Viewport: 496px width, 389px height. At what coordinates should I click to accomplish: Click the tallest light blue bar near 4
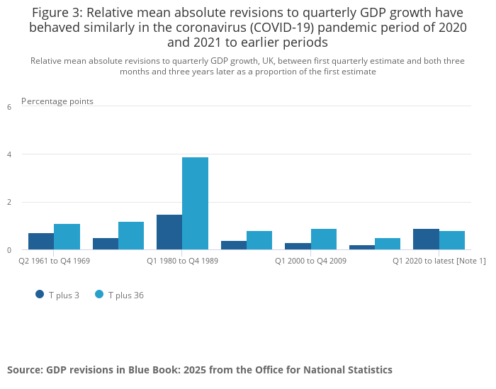195,203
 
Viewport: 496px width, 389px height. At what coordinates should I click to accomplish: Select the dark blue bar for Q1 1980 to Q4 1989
169,232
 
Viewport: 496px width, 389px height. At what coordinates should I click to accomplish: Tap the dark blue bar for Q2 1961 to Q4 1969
41,241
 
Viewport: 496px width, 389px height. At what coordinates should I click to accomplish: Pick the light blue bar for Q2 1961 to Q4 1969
67,237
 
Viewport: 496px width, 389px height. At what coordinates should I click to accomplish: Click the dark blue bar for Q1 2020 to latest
426,239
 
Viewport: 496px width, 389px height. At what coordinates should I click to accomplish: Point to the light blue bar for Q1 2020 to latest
452,240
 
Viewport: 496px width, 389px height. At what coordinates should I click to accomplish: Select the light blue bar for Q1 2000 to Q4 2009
324,239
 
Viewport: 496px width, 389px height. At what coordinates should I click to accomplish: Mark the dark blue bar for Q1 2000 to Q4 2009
298,246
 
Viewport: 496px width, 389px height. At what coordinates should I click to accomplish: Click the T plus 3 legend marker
40,294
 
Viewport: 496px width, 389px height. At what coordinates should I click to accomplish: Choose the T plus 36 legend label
125,295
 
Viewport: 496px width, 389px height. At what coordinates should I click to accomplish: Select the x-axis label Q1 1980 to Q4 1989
182,261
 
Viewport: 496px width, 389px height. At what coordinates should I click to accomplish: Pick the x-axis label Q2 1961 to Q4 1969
54,261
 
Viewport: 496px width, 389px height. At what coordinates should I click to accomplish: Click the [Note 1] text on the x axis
471,261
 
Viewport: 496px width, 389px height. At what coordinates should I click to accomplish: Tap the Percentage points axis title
57,101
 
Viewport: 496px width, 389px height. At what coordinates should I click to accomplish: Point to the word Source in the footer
24,370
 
